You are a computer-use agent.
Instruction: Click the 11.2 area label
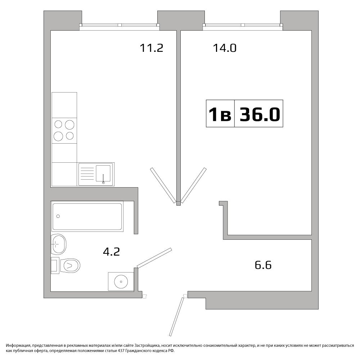point(151,48)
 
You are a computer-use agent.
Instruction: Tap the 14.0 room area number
point(225,48)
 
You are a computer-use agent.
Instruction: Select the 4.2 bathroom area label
point(111,252)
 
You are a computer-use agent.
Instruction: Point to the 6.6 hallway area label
point(263,265)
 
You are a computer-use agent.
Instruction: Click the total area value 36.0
point(260,114)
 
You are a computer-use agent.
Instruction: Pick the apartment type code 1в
point(220,114)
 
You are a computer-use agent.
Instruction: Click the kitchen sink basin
point(103,174)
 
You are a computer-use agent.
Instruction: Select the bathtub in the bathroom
point(87,216)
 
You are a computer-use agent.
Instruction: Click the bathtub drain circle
point(58,216)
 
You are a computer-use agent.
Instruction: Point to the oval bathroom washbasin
point(58,244)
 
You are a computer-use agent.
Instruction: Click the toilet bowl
point(69,266)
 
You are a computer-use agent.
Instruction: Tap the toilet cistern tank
point(55,265)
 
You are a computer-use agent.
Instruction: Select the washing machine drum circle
point(121,282)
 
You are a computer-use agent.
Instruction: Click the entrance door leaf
point(176,317)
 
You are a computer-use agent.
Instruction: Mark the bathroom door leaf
point(154,258)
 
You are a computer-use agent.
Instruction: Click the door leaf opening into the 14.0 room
point(194,185)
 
